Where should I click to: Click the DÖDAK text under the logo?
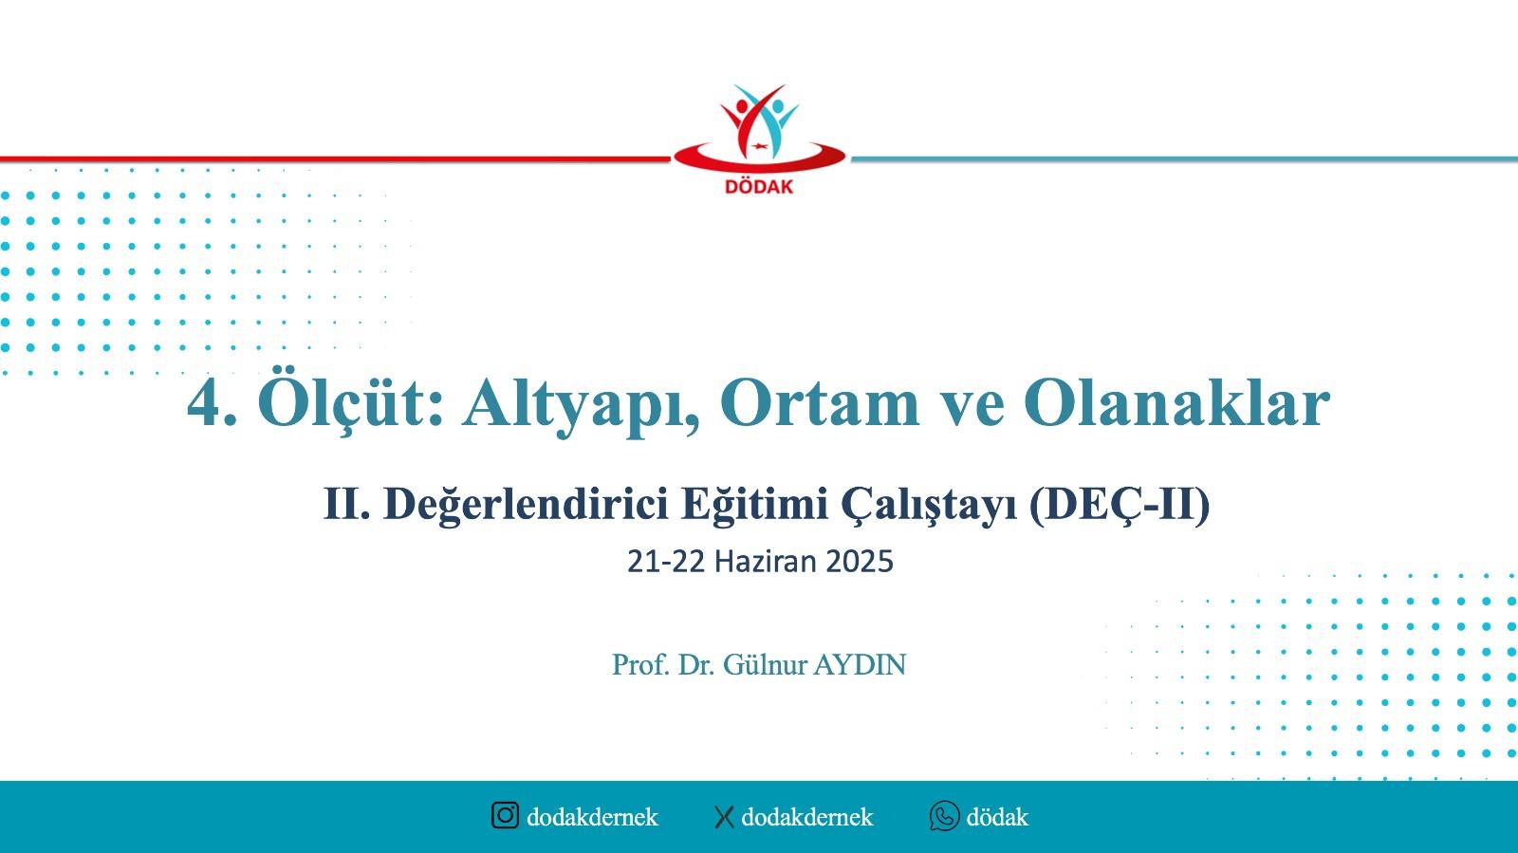pyautogui.click(x=759, y=186)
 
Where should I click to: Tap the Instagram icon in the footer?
pyautogui.click(x=505, y=815)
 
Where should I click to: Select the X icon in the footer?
pyautogui.click(x=724, y=817)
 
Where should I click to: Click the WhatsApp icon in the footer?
pyautogui.click(x=945, y=816)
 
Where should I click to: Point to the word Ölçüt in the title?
pyautogui.click(x=350, y=404)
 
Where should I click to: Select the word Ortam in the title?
pyautogui.click(x=820, y=404)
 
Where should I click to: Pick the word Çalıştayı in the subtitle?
pyautogui.click(x=929, y=505)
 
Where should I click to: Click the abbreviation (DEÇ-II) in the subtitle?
pyautogui.click(x=1119, y=505)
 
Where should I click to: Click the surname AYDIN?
pyautogui.click(x=860, y=664)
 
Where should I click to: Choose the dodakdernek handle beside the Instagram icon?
pyautogui.click(x=592, y=817)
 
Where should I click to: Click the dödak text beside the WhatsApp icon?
pyautogui.click(x=997, y=817)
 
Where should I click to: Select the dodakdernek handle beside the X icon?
pyautogui.click(x=807, y=817)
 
